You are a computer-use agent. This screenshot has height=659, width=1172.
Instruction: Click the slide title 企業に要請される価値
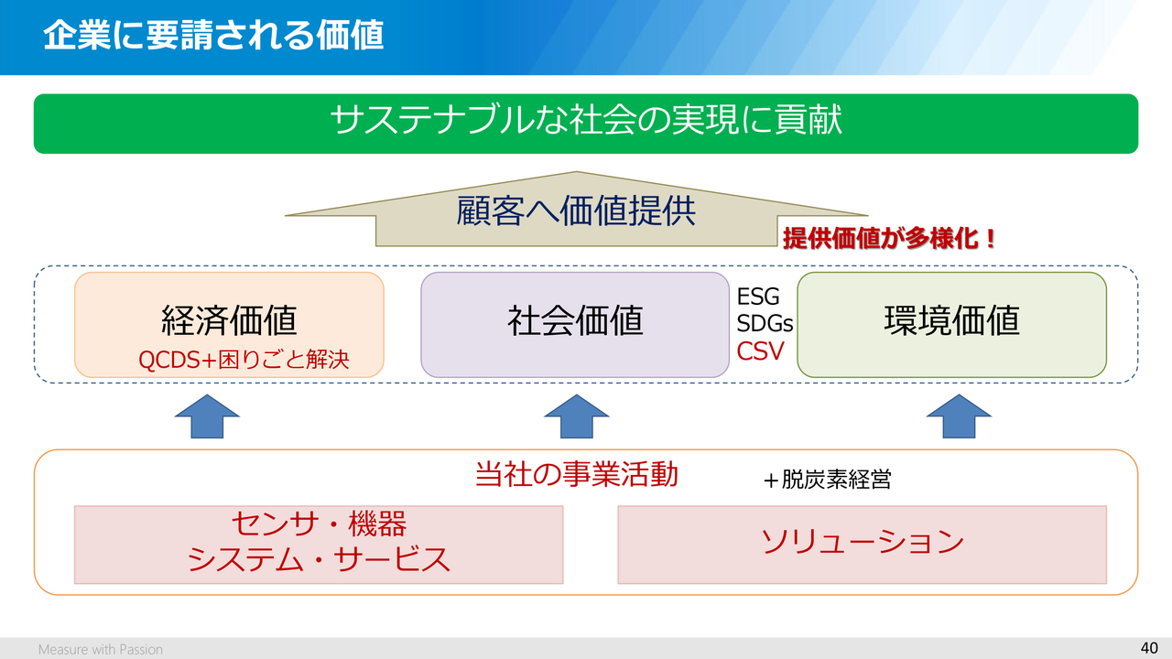click(x=213, y=36)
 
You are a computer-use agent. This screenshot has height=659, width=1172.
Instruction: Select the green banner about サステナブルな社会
click(x=586, y=123)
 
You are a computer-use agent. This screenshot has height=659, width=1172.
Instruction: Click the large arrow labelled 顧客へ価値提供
click(x=577, y=211)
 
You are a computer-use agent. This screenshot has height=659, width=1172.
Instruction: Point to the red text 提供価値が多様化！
click(x=889, y=240)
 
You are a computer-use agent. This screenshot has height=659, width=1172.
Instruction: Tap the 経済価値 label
click(x=229, y=320)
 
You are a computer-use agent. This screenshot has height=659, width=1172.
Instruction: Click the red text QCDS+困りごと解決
click(x=244, y=360)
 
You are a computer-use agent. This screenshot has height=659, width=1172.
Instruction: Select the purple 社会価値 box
click(x=575, y=324)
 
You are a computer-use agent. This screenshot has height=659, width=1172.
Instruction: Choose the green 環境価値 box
click(x=952, y=324)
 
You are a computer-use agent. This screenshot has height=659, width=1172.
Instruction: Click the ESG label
click(x=758, y=297)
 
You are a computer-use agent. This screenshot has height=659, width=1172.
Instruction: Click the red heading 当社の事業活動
click(x=577, y=474)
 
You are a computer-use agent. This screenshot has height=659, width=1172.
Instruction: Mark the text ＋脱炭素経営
click(x=827, y=480)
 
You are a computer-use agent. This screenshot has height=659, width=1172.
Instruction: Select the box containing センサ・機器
click(x=319, y=544)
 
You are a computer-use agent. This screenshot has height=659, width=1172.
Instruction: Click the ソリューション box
click(x=862, y=544)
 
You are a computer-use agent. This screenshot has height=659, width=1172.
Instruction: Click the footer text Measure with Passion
click(x=101, y=650)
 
